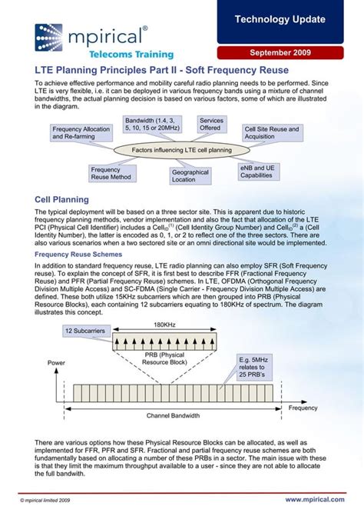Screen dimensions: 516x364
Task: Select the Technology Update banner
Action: coord(290,19)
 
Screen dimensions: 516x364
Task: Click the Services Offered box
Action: coord(210,124)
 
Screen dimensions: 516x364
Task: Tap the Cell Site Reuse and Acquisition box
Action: coord(272,133)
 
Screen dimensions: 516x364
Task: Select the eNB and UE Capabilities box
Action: coord(257,171)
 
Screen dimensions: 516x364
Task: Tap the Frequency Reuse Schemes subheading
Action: coord(78,252)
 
